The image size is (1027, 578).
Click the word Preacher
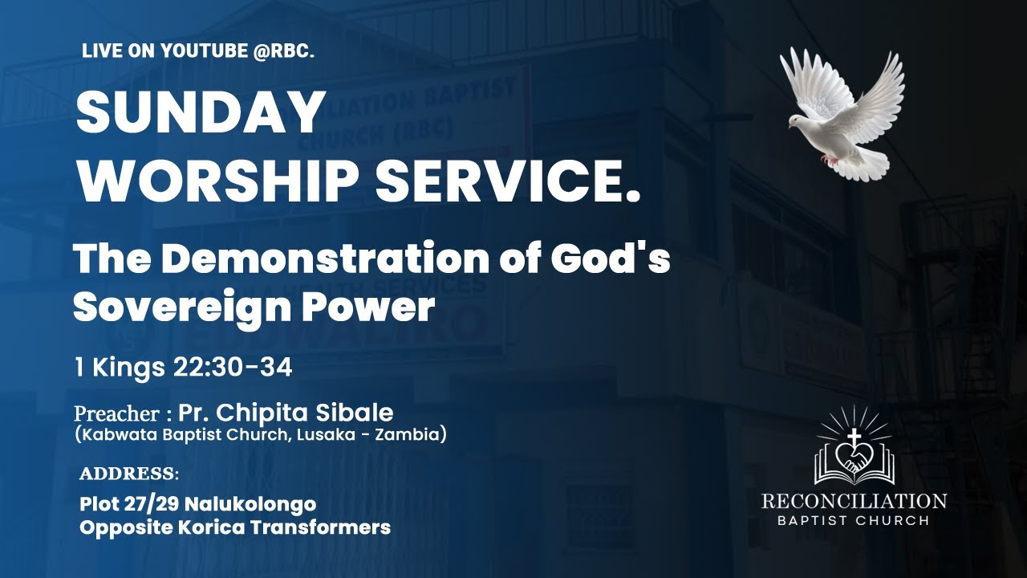coord(116,414)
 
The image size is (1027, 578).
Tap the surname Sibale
coord(359,413)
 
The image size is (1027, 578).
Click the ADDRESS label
coord(128,474)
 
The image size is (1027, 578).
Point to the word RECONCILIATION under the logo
coord(854,501)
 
